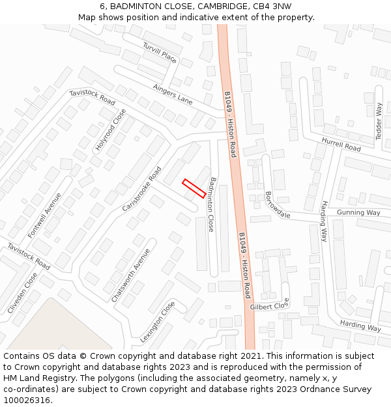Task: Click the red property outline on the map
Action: pyautogui.click(x=194, y=188)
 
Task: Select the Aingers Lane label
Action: pyautogui.click(x=173, y=94)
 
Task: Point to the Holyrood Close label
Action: pyautogui.click(x=111, y=130)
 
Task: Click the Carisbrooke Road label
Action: pyautogui.click(x=141, y=189)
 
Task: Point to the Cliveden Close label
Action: pyautogui.click(x=23, y=293)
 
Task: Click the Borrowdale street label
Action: pyautogui.click(x=278, y=204)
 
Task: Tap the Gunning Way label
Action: pyautogui.click(x=358, y=213)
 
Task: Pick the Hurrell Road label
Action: pyautogui.click(x=341, y=145)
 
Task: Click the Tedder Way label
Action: pyautogui.click(x=379, y=121)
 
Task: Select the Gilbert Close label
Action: pyautogui.click(x=269, y=306)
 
